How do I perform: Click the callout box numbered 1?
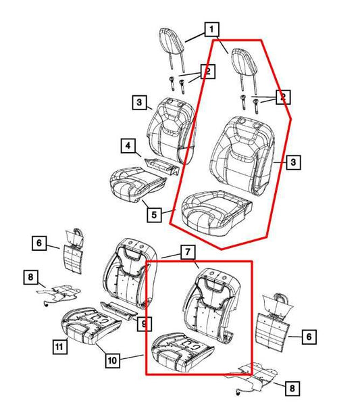coord(212,29)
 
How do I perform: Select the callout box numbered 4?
coord(127,145)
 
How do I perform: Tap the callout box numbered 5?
coord(155,214)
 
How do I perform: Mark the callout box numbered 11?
coord(59,348)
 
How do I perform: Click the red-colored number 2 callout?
coord(284,98)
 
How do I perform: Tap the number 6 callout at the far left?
coord(39,243)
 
